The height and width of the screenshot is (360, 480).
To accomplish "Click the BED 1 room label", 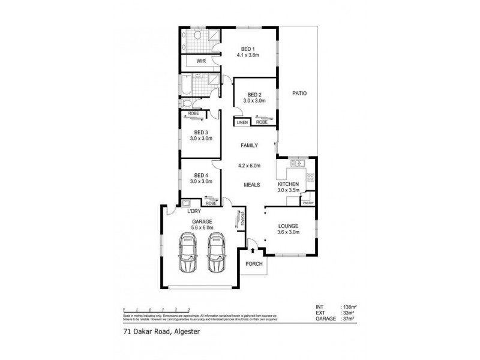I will pyautogui.click(x=248, y=49).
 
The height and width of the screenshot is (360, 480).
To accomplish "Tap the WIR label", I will pyautogui.click(x=193, y=61).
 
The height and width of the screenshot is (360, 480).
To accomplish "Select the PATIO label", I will pyautogui.click(x=299, y=93).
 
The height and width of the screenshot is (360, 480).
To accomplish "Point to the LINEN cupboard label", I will pyautogui.click(x=242, y=122).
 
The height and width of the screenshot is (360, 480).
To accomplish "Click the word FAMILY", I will pyautogui.click(x=249, y=146).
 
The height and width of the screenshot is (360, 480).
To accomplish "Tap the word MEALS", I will pyautogui.click(x=251, y=185).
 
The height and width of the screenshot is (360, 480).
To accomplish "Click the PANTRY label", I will pyautogui.click(x=308, y=202).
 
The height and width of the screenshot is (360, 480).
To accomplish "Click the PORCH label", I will pyautogui.click(x=254, y=264).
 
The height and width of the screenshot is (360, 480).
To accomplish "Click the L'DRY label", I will pyautogui.click(x=194, y=212).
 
